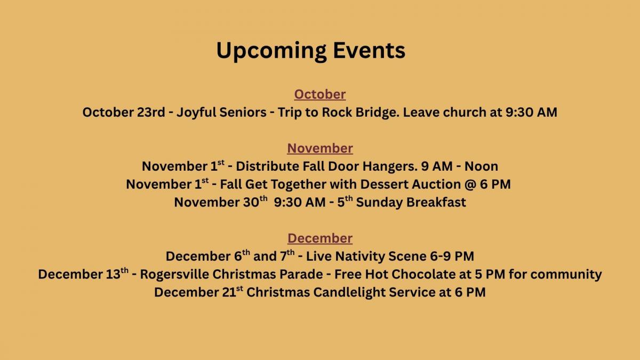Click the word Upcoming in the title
point(271,51)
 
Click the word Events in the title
point(369,50)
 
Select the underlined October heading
point(320,94)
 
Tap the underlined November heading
point(320,148)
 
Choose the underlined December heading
point(320,238)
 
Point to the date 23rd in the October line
point(151,112)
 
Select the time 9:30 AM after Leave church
point(531,112)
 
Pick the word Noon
point(481,166)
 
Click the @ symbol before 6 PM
point(470,185)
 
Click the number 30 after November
point(251,202)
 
